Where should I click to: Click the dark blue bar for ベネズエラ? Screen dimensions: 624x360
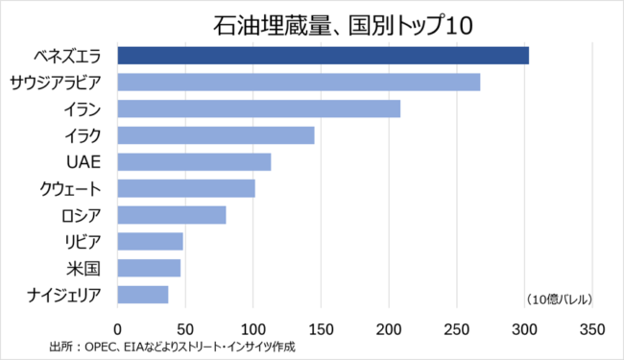(324, 56)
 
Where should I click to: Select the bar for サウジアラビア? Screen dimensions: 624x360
(299, 82)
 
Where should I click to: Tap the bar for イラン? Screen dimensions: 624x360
(259, 108)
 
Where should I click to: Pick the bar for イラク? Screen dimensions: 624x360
(216, 135)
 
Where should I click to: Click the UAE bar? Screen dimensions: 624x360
(194, 162)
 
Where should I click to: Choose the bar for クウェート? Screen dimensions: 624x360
(186, 188)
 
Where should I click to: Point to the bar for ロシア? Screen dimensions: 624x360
(172, 215)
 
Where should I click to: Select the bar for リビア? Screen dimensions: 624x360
(151, 242)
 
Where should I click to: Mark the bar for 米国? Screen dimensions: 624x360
(149, 268)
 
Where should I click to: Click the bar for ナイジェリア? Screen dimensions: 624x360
(143, 295)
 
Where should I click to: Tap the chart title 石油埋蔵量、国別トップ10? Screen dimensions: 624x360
(343, 26)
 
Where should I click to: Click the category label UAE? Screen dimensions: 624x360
(84, 162)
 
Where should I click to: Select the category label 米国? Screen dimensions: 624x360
(84, 269)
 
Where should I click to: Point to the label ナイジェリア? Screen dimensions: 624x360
(64, 295)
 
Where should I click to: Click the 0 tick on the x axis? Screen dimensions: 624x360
(117, 329)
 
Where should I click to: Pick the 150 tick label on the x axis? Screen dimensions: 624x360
(321, 329)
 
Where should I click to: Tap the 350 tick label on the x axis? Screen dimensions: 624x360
(592, 329)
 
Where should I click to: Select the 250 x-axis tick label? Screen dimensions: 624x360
(456, 329)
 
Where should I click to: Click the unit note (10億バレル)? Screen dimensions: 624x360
(559, 300)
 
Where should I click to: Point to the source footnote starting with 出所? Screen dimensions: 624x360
(172, 347)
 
